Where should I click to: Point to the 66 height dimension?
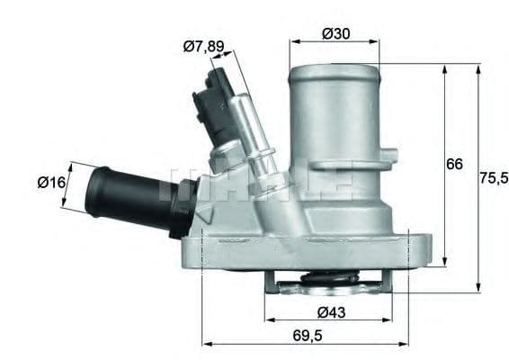pyautogui.click(x=455, y=165)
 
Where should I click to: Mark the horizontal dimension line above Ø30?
pyautogui.click(x=335, y=42)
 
